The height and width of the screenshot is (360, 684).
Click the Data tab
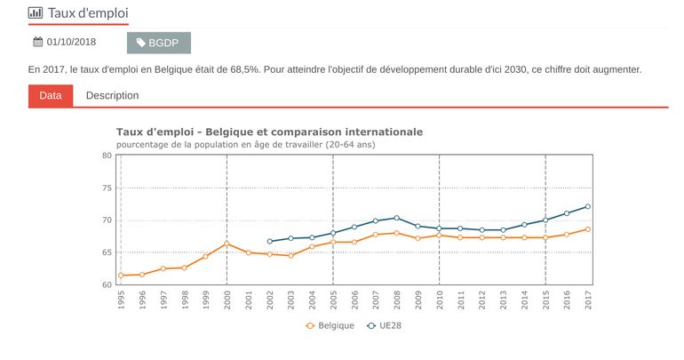click(x=51, y=95)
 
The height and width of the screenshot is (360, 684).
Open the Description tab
click(x=112, y=95)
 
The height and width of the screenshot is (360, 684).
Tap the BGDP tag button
click(x=158, y=43)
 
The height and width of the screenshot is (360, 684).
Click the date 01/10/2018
click(x=71, y=42)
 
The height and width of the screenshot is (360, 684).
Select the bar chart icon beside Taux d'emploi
click(x=36, y=12)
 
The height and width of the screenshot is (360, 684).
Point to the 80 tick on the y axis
click(x=107, y=156)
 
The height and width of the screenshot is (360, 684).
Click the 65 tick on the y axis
click(x=107, y=252)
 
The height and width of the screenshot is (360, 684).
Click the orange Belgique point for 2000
click(x=227, y=244)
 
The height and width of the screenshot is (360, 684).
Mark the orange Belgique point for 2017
click(x=588, y=229)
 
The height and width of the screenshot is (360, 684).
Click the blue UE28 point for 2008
click(x=396, y=218)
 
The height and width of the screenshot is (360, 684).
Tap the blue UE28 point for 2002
click(x=269, y=241)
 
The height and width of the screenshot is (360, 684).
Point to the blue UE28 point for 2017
click(x=588, y=206)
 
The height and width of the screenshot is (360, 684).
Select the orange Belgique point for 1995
click(x=121, y=276)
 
